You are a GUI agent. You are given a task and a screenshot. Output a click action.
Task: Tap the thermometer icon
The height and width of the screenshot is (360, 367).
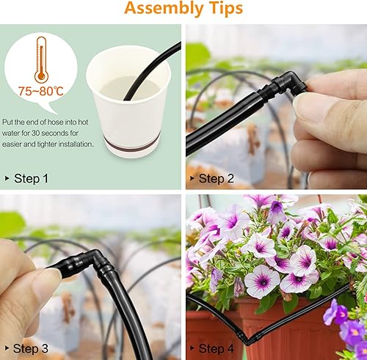tap(41, 59)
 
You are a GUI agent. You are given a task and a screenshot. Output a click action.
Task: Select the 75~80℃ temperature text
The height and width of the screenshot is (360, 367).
tap(41, 91)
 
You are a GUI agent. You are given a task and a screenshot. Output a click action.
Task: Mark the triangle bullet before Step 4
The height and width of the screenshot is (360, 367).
tap(192, 348)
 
